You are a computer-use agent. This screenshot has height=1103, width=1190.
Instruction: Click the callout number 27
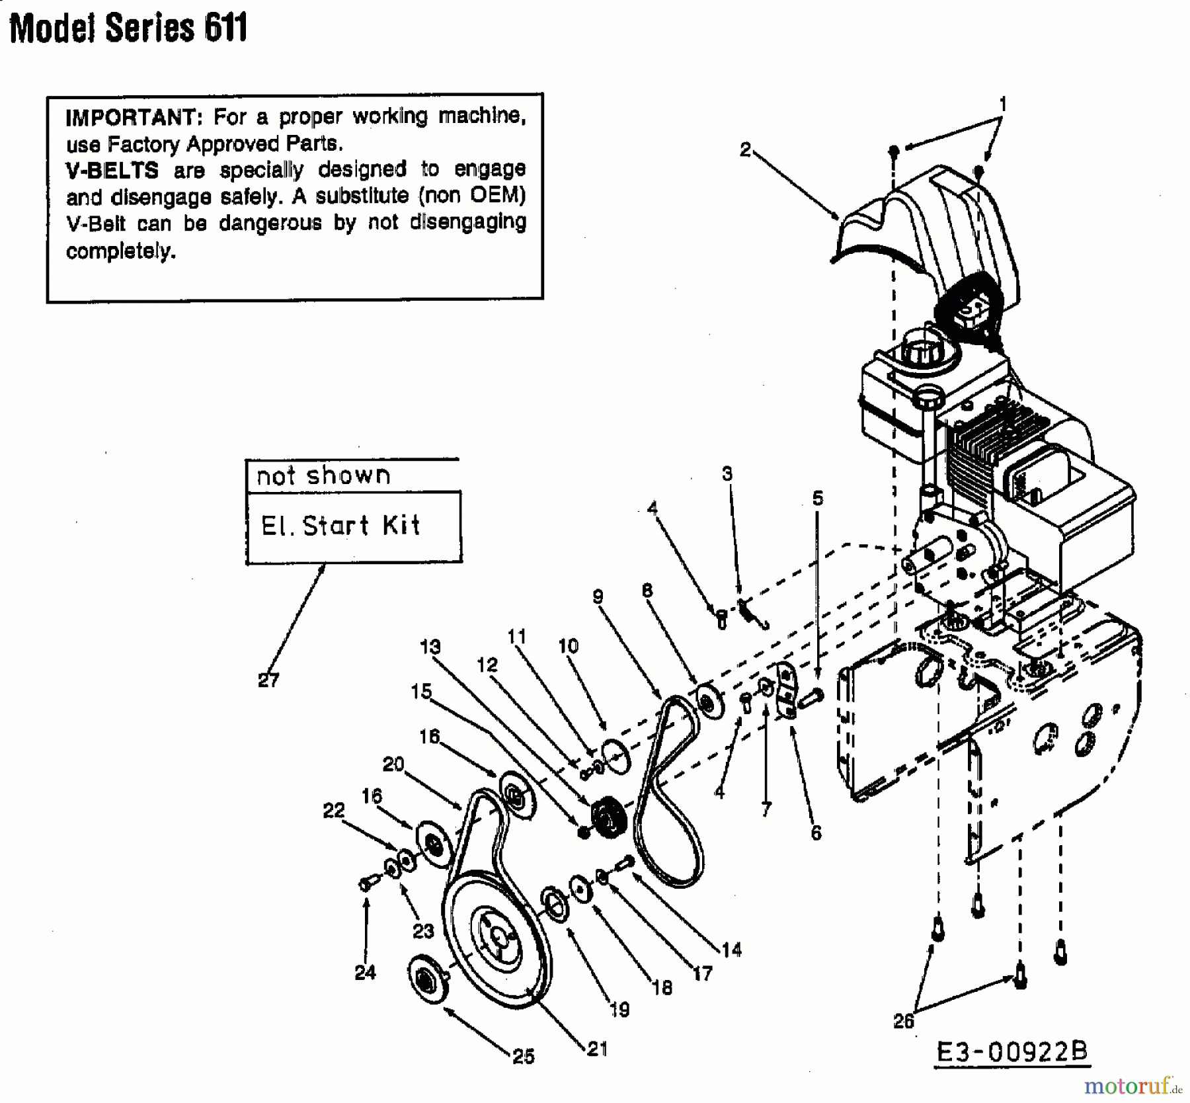coord(268,680)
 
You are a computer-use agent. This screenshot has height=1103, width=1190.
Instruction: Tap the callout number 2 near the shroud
coord(745,150)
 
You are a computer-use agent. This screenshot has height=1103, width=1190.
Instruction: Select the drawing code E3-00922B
coord(1012,1051)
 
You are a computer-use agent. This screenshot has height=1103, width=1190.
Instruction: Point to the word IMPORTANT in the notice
coord(131,117)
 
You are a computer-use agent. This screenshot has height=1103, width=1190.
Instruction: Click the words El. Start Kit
coord(340,526)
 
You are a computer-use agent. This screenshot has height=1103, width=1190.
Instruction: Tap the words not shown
coord(323,475)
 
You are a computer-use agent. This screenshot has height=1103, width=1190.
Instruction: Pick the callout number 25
coord(524,1057)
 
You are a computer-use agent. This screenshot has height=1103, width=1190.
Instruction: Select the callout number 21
coord(597,1049)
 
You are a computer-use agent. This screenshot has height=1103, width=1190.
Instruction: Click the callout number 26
coord(904,1021)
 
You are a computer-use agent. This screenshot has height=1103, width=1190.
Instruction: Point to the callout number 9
coord(598,597)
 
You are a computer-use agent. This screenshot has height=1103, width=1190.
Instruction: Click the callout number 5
coord(818,498)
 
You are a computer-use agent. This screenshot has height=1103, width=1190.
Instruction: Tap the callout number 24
coord(365,972)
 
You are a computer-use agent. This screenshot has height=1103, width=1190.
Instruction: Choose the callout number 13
coord(430,646)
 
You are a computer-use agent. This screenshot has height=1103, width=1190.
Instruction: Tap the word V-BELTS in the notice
coord(112,171)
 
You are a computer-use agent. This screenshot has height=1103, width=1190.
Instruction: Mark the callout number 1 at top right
coord(1003,104)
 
